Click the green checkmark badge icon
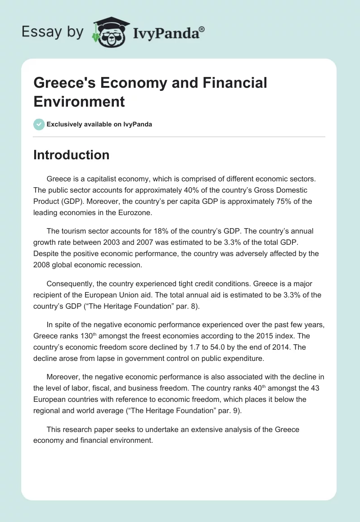39,124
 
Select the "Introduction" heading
71,155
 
